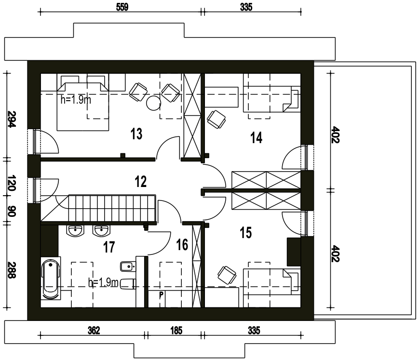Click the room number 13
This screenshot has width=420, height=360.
click(136, 134)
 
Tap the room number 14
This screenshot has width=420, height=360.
click(257, 138)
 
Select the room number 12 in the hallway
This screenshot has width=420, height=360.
click(141, 182)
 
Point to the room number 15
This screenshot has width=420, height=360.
click(246, 233)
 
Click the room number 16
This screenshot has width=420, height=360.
click(182, 245)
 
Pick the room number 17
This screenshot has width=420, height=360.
click(109, 247)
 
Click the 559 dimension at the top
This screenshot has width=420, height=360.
click(122, 7)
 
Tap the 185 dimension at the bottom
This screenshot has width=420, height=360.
click(176, 331)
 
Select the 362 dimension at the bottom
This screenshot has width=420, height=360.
click(94, 331)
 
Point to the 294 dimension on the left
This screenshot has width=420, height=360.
click(12, 119)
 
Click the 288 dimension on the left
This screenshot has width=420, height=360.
click(12, 270)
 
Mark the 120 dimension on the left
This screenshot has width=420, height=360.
click(12, 183)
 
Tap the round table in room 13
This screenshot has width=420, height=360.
click(153, 103)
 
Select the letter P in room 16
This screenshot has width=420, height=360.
click(161, 295)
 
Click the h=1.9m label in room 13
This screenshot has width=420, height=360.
click(76, 100)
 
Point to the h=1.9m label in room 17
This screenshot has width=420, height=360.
click(103, 282)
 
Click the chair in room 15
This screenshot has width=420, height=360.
click(227, 275)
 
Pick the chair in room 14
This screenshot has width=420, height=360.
click(216, 120)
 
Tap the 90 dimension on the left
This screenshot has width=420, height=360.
click(12, 211)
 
